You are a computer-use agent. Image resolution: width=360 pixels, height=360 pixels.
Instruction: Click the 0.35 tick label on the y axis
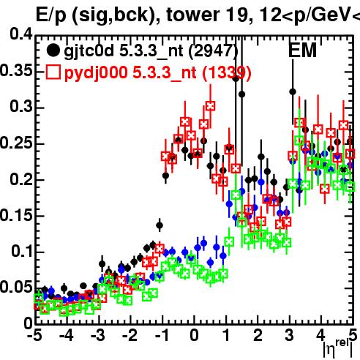(16, 71)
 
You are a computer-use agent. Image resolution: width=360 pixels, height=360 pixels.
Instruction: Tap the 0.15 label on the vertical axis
(16, 216)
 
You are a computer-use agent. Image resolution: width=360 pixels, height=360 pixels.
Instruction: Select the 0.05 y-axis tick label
(16, 287)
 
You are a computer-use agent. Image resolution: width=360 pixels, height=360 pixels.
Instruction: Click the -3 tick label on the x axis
(98, 335)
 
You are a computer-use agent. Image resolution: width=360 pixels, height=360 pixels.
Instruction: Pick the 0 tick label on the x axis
(195, 335)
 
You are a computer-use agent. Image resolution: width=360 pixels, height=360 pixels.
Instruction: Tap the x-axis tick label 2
(258, 335)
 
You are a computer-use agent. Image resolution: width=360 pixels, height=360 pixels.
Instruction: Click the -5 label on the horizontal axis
(36, 335)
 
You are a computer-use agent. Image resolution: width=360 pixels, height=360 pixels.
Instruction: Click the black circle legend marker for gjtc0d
(53, 50)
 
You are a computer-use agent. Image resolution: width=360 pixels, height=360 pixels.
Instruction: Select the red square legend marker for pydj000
(53, 72)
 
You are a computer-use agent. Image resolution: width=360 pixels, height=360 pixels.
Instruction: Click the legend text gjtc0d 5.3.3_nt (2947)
(151, 50)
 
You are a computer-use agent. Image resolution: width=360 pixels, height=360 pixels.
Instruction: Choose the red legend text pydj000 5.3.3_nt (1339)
(158, 72)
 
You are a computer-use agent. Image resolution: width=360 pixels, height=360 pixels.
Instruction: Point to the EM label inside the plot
(302, 50)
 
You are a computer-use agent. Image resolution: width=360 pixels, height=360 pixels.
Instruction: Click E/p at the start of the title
(51, 15)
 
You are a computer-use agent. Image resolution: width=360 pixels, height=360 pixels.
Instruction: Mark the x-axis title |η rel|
(338, 349)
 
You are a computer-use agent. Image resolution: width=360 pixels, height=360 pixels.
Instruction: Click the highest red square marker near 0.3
(210, 106)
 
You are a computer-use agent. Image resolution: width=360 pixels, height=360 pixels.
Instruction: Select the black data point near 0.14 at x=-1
(160, 225)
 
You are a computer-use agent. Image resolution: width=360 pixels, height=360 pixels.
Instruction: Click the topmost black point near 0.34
(236, 79)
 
